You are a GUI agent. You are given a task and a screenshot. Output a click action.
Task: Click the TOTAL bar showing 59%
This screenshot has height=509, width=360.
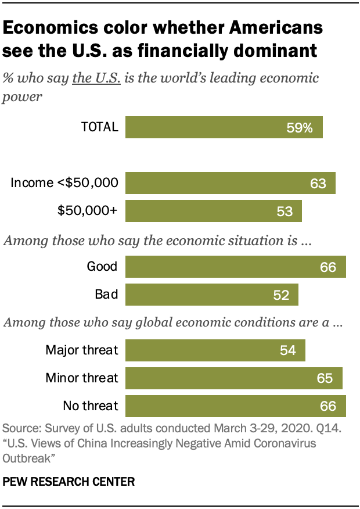(x=224, y=127)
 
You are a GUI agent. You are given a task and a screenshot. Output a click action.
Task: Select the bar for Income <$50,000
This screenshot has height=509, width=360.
(x=230, y=183)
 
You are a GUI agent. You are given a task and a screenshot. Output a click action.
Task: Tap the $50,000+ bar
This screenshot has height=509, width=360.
(x=213, y=211)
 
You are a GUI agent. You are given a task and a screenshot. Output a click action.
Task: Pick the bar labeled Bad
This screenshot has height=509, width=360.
(x=211, y=295)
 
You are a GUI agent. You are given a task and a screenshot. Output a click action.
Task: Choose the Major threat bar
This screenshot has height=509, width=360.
(x=215, y=350)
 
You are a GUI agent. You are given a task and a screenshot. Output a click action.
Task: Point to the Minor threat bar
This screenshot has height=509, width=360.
(x=233, y=378)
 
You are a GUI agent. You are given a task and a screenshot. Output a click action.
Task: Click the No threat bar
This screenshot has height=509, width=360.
(x=235, y=406)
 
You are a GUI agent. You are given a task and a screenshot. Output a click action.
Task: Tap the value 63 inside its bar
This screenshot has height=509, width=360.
(x=318, y=184)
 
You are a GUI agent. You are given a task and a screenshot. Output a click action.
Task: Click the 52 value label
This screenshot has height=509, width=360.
(x=281, y=295)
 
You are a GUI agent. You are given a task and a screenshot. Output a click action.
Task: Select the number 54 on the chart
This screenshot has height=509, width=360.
(x=287, y=350)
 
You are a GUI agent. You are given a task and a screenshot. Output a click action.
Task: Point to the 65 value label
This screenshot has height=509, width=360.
(x=325, y=378)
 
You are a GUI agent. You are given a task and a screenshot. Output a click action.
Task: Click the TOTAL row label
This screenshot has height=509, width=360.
(x=99, y=127)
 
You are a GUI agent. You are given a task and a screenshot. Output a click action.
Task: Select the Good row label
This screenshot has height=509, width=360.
(x=102, y=267)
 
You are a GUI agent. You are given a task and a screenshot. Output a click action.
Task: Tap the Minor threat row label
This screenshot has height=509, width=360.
(x=82, y=378)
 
